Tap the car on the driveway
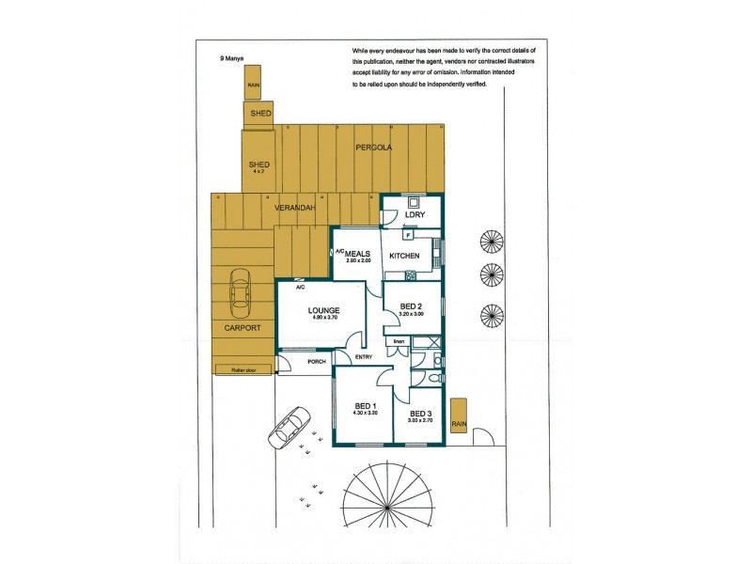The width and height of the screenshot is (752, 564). tap(290, 429)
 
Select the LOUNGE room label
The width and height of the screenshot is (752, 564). tap(323, 310)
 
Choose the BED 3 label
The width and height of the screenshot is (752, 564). tap(420, 415)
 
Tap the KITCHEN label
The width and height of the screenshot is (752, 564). tap(404, 256)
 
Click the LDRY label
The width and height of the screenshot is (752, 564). tap(415, 215)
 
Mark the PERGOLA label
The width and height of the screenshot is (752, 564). tap(373, 148)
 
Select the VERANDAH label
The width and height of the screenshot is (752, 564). tap(294, 208)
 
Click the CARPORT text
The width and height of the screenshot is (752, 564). tap(242, 327)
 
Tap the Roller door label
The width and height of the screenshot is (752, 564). tap(243, 370)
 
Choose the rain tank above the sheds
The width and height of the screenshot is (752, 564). tap(253, 84)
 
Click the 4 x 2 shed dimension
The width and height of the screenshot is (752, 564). tap(259, 172)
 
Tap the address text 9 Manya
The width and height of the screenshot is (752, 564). tap(231, 57)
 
